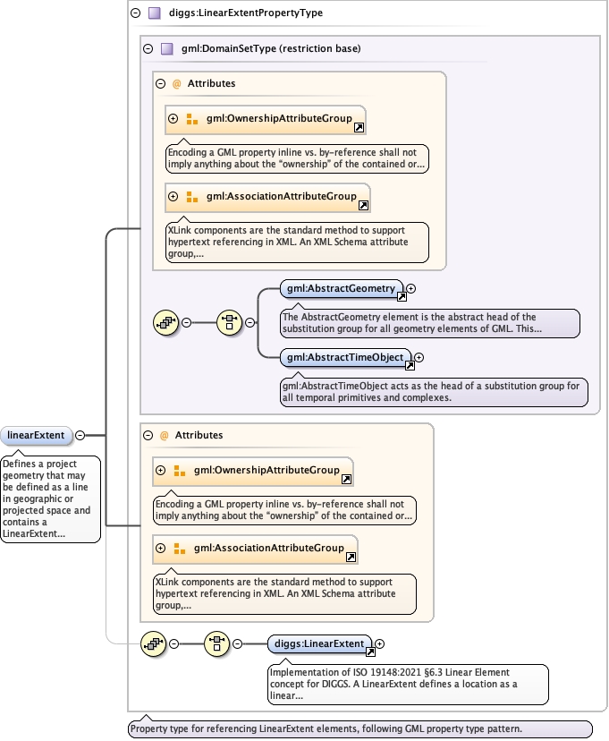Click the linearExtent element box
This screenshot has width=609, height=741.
[36, 436]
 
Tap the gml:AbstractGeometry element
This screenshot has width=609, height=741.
[340, 288]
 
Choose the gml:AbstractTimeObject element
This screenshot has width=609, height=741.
[344, 357]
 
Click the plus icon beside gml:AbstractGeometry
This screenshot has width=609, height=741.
[411, 288]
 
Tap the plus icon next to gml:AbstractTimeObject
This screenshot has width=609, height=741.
[419, 357]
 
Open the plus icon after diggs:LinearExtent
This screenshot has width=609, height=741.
[380, 643]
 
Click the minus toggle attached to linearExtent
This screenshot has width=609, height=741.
[80, 436]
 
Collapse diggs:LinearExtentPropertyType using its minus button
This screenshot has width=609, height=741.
[135, 13]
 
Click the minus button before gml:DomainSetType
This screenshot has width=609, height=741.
[148, 48]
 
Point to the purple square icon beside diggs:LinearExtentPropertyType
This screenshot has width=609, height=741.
[154, 13]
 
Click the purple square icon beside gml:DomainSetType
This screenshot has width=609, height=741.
[166, 48]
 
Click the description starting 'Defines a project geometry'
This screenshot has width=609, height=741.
[51, 498]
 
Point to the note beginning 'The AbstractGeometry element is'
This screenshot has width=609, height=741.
[429, 322]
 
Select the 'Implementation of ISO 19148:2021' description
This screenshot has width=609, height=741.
[408, 682]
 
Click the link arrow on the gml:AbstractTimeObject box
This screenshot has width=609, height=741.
[410, 366]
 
